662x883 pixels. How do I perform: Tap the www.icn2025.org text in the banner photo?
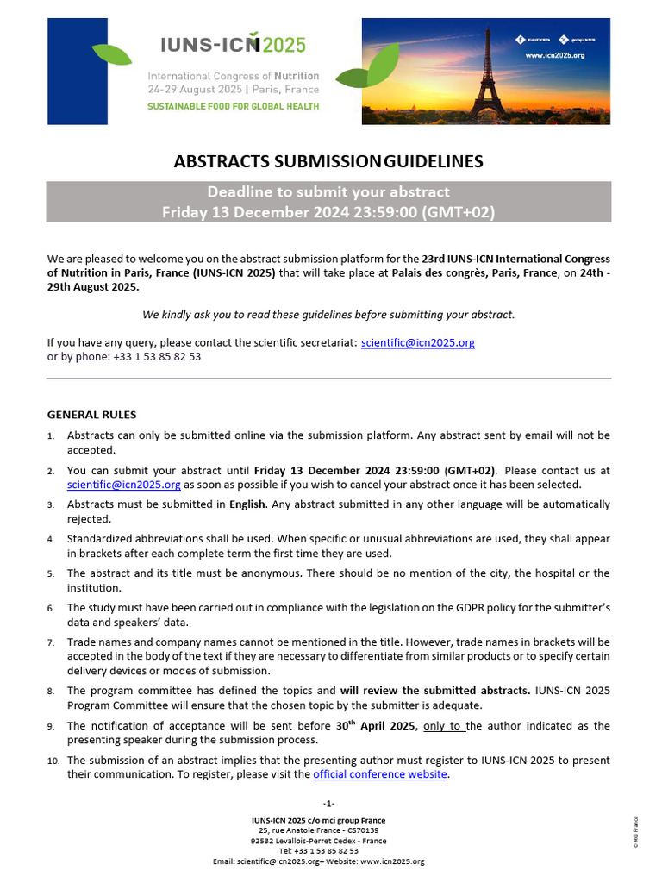click(x=554, y=55)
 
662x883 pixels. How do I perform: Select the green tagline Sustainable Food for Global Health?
click(x=234, y=106)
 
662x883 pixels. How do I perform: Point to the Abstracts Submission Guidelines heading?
click(x=328, y=161)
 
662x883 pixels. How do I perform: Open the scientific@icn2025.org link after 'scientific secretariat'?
click(x=418, y=342)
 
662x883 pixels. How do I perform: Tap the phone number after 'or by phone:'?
click(x=157, y=356)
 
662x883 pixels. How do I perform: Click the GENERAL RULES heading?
click(x=91, y=415)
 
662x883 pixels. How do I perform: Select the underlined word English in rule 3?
click(x=247, y=504)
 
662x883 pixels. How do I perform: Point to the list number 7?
click(x=51, y=642)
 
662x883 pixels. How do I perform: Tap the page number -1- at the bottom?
click(x=328, y=804)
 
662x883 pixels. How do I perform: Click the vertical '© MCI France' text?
click(x=636, y=832)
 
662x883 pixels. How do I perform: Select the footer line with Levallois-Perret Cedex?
click(x=319, y=841)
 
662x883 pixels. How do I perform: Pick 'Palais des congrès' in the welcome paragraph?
click(x=437, y=273)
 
